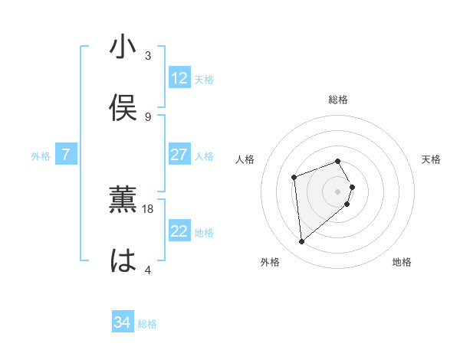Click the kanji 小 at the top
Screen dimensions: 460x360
tap(123, 47)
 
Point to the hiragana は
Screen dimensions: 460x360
tap(123, 261)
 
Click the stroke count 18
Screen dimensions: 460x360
tap(148, 208)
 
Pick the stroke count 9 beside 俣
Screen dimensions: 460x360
tap(148, 116)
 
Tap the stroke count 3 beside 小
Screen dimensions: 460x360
tap(148, 55)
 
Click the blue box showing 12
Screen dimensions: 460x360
tap(179, 78)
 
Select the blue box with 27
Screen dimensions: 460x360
tap(179, 155)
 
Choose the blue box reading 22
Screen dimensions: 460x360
tap(179, 231)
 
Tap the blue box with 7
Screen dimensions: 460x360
tap(66, 155)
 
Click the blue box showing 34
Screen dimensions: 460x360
tap(123, 322)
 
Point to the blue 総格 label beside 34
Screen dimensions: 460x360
tap(147, 324)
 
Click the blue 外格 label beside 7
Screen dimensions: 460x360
tap(41, 156)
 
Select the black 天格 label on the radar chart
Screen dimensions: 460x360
tap(432, 159)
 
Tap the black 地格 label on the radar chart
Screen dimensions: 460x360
tap(402, 262)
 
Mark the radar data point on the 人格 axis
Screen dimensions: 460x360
tap(294, 178)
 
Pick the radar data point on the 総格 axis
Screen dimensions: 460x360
tap(337, 161)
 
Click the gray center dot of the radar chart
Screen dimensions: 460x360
tap(337, 191)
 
